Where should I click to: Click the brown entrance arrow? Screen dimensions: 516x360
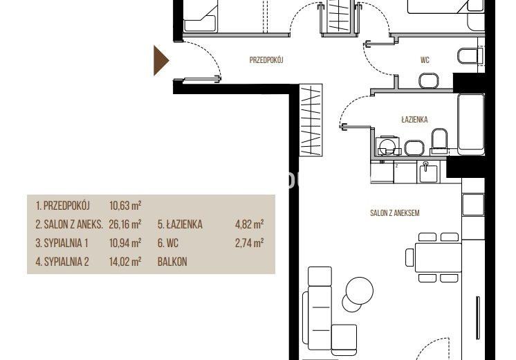pos(160,61)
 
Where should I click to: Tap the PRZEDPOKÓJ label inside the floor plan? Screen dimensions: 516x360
pos(266,60)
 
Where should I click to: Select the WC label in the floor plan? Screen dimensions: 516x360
pos(425,60)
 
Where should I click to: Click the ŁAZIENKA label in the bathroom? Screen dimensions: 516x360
pos(414,119)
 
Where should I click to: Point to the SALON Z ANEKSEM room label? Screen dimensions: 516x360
pos(394,213)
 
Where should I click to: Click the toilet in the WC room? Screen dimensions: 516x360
pos(470,55)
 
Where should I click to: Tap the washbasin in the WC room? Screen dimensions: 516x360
pos(429,81)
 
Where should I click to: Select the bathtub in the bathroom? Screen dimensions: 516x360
pos(471,124)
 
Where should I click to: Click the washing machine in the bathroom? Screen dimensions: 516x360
pos(388,145)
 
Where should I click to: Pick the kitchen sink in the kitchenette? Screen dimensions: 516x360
pos(427,172)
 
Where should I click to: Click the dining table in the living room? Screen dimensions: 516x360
pos(438,257)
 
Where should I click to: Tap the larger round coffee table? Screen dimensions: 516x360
pos(360,291)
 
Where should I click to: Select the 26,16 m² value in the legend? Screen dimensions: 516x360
pos(125,224)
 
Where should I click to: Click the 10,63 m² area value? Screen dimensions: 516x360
pos(125,206)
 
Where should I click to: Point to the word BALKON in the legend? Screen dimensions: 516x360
pos(172,262)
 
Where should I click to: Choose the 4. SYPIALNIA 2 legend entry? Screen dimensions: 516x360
pos(62,262)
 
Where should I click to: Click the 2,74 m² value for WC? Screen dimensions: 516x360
pos(249,243)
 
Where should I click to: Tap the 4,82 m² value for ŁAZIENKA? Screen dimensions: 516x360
pos(249,224)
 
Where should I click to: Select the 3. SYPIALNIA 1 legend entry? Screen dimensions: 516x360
pos(62,243)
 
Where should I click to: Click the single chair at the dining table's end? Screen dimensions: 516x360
pos(409,258)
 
